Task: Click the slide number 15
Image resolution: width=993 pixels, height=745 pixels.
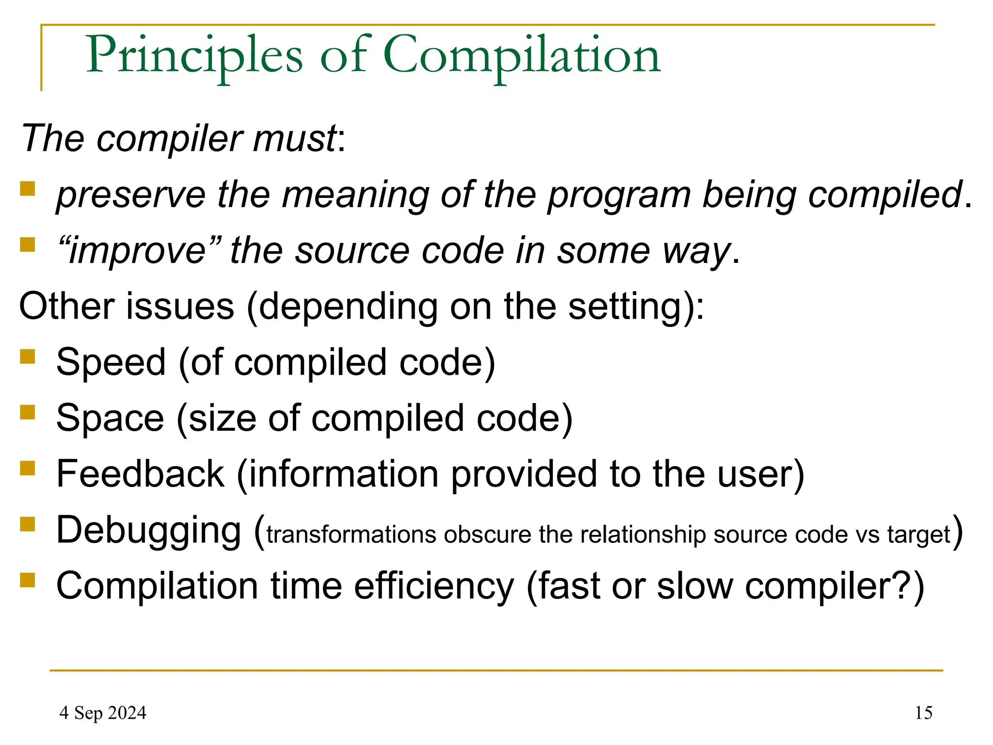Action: coord(923,713)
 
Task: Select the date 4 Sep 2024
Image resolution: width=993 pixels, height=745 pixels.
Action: coord(103,713)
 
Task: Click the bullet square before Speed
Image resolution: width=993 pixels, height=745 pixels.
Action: coord(28,356)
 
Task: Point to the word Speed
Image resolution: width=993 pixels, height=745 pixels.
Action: coord(111,362)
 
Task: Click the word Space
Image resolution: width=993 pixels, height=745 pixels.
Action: coord(110,418)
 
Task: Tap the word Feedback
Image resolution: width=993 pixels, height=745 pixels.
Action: coord(140,474)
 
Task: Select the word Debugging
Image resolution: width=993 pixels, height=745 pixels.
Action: coord(148,530)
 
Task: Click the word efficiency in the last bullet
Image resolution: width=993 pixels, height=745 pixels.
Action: coord(433,586)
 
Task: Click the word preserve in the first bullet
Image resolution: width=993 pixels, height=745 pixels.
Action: coord(131,195)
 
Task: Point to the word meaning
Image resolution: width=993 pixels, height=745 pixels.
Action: coord(355,195)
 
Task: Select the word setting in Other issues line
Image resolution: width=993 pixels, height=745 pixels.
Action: coord(625,307)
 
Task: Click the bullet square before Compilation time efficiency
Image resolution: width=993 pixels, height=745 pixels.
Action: coord(28,580)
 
